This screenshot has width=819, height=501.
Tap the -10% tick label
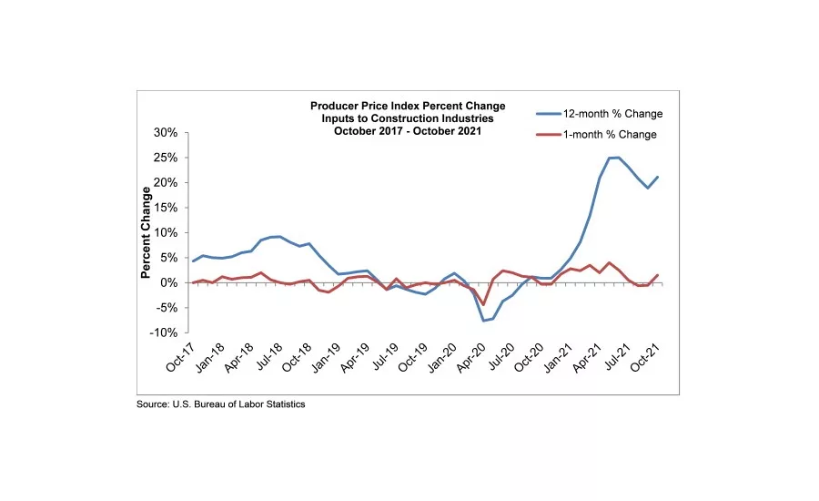162,332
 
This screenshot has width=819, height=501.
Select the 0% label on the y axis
168,283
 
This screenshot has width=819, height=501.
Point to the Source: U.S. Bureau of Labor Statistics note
221,404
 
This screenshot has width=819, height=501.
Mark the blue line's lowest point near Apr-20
483,321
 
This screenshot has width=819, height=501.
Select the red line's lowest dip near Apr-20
483,304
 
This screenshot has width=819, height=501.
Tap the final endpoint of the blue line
658,178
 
